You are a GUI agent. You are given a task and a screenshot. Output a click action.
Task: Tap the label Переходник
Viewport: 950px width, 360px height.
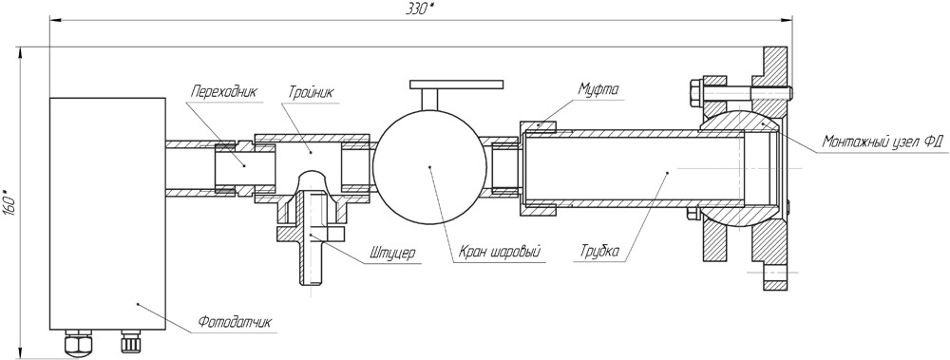coord(223,93)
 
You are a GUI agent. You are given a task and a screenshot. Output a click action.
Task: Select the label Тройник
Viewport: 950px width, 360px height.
coord(311,93)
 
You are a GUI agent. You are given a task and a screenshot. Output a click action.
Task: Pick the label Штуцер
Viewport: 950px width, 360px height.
coord(391,255)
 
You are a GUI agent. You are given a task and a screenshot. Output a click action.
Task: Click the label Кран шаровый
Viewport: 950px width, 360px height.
coord(499,252)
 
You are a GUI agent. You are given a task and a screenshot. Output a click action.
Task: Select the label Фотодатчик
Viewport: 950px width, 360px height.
coord(235,322)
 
